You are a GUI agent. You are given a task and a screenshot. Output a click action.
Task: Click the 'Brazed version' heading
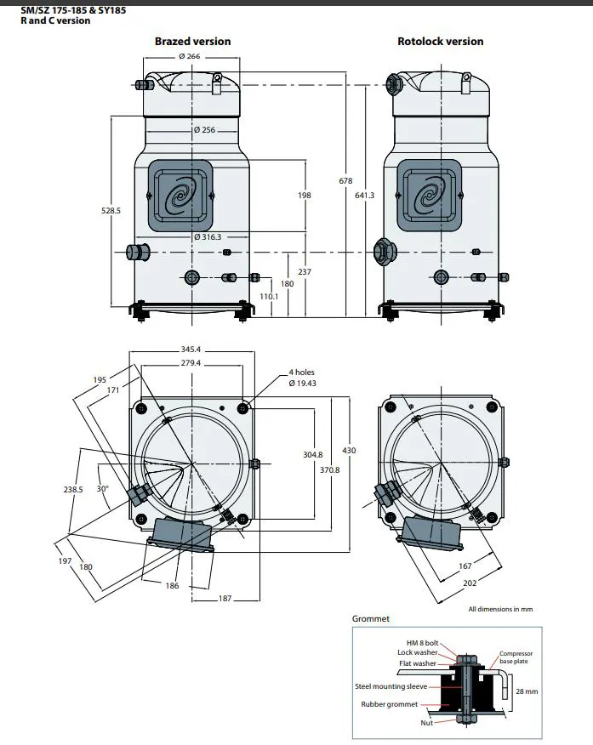(192, 41)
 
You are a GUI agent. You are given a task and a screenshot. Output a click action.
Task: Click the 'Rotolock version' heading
(440, 41)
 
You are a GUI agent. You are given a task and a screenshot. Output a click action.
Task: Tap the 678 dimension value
(345, 181)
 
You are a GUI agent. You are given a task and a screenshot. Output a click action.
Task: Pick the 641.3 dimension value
(364, 196)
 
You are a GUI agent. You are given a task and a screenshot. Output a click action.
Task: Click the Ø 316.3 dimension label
(207, 237)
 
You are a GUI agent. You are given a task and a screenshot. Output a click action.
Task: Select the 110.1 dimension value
(270, 296)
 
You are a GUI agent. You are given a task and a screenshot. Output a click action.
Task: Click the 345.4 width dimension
(191, 350)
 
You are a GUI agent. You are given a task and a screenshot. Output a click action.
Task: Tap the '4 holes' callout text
(302, 372)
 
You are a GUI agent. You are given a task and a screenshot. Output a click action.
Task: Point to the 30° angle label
(103, 489)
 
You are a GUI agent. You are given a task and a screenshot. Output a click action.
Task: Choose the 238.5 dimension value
(74, 490)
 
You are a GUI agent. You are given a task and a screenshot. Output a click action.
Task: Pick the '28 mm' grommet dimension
(527, 691)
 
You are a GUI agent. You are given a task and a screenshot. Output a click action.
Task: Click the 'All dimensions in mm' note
(500, 609)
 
